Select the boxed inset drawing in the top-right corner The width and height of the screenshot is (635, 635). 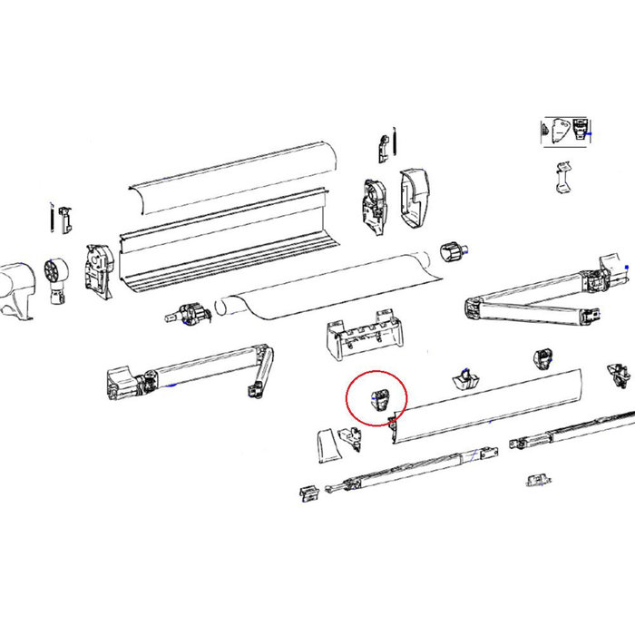pyautogui.click(x=566, y=131)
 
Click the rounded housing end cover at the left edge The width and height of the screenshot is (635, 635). pyautogui.click(x=16, y=288)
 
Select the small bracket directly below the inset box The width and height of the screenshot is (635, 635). pyautogui.click(x=563, y=178)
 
